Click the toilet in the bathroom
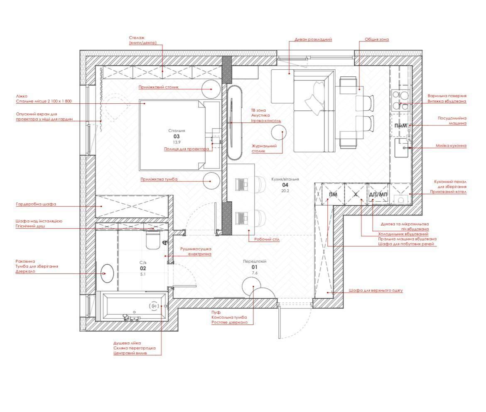point(152,240)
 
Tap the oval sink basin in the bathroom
point(107,273)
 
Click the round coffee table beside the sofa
point(278,132)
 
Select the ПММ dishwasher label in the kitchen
point(401,126)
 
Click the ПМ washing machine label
point(333,195)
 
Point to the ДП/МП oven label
point(378,195)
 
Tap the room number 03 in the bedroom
point(177,136)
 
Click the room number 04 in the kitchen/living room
point(285,185)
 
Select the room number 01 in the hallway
point(255,267)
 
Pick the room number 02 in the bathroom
point(143,268)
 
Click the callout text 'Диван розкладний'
point(313,39)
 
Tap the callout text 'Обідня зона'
point(377,39)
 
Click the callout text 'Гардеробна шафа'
point(36,204)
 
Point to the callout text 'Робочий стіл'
point(267,239)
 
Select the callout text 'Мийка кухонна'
point(451,146)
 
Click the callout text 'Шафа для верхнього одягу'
point(376,290)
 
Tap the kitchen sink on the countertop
point(401,148)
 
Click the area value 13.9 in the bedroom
point(177,142)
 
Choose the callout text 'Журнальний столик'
point(264,148)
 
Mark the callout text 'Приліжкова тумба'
point(159,179)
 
